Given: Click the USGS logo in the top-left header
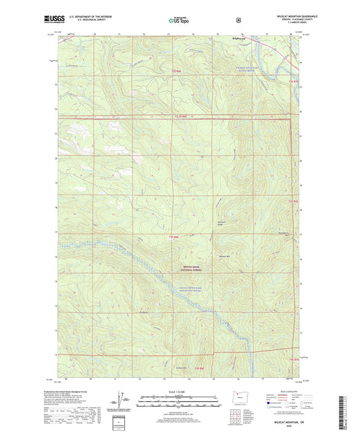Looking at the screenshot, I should tap(52, 21).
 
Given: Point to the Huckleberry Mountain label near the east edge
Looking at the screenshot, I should tap(284, 236).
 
